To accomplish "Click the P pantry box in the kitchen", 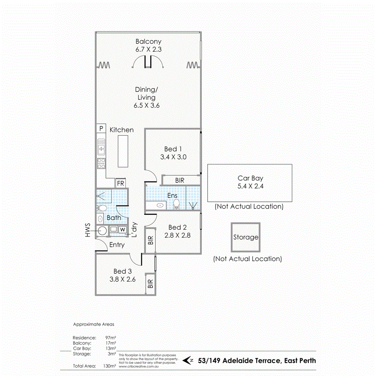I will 101,128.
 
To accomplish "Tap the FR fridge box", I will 121,183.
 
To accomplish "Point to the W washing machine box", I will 122,229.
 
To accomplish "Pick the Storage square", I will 246,237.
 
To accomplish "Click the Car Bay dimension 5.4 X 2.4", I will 251,187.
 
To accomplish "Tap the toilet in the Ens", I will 176,204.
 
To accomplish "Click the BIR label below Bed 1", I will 180,180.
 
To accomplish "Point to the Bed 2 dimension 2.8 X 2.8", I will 177,236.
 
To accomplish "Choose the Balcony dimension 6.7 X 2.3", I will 148,49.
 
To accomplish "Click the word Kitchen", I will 122,130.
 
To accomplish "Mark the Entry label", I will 117,245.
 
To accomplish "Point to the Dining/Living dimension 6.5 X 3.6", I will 147,105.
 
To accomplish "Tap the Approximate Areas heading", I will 93,324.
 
